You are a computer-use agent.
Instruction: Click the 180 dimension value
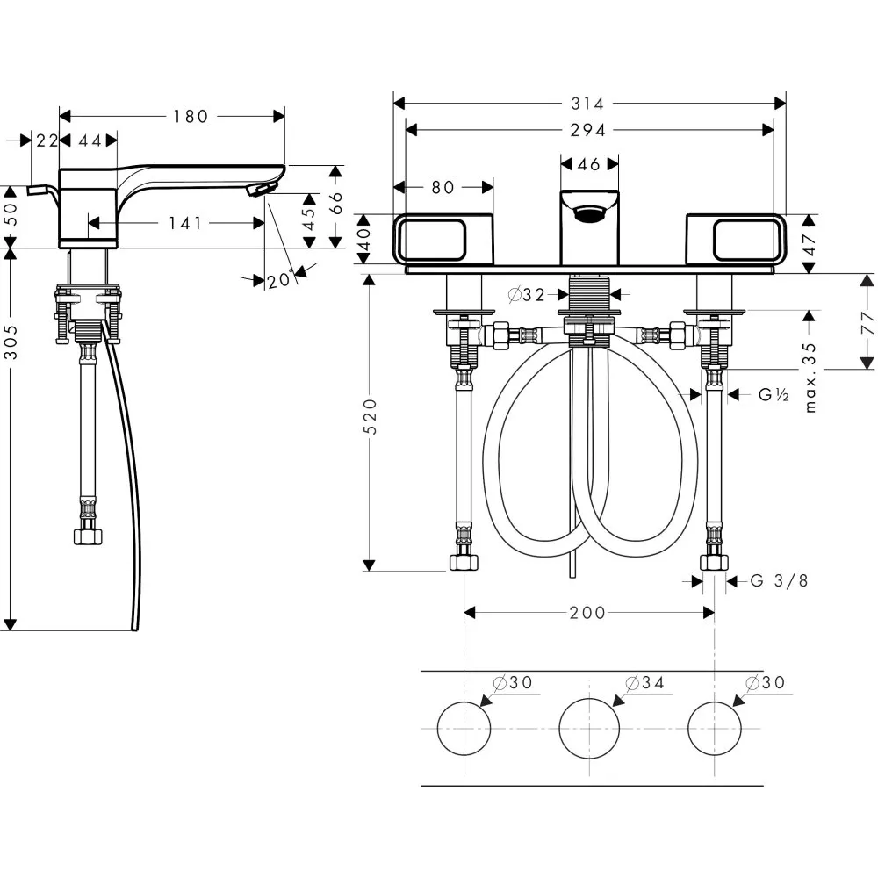(190, 116)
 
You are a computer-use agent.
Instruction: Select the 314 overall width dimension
(588, 104)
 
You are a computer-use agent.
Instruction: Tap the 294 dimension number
(588, 130)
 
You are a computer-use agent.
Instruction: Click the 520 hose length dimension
(372, 417)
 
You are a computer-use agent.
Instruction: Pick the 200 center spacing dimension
(587, 613)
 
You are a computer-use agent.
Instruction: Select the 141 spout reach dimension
(185, 224)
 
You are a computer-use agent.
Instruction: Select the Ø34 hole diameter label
(643, 682)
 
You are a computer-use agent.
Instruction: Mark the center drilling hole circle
(588, 729)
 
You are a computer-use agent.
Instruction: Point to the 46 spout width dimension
(589, 164)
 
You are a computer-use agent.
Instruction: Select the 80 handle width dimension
(443, 187)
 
